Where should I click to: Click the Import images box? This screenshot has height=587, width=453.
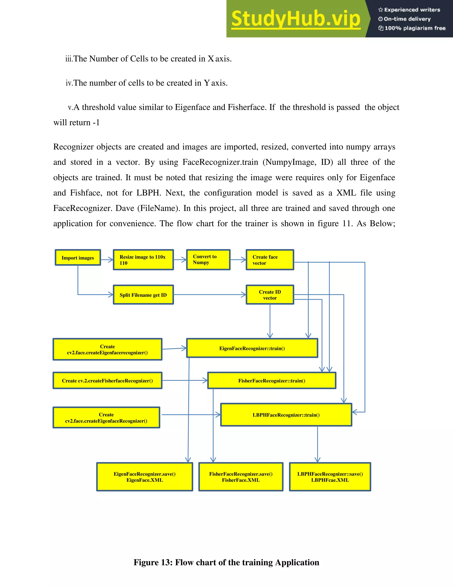tap(78, 257)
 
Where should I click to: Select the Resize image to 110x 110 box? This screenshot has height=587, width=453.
tap(143, 260)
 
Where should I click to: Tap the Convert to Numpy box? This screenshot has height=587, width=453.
tap(208, 260)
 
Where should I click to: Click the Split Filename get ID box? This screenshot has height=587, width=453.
tap(143, 295)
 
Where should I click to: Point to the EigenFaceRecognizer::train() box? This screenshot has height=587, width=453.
tap(252, 348)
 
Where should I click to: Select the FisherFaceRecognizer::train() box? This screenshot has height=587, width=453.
tap(272, 380)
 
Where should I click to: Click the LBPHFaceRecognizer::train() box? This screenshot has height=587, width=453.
tap(286, 415)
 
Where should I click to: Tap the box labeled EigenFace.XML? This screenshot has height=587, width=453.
tap(145, 477)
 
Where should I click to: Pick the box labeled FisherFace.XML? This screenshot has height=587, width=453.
tap(241, 477)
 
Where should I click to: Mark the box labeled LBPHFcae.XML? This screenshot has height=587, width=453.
tap(330, 477)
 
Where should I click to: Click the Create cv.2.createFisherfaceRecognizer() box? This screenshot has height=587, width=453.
tap(107, 380)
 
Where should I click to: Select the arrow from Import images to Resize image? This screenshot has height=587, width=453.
tap(107, 259)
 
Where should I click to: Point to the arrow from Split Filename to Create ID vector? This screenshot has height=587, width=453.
tap(209, 295)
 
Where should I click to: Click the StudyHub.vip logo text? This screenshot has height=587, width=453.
tap(296, 19)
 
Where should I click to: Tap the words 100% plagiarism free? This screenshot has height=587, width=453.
tap(415, 28)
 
